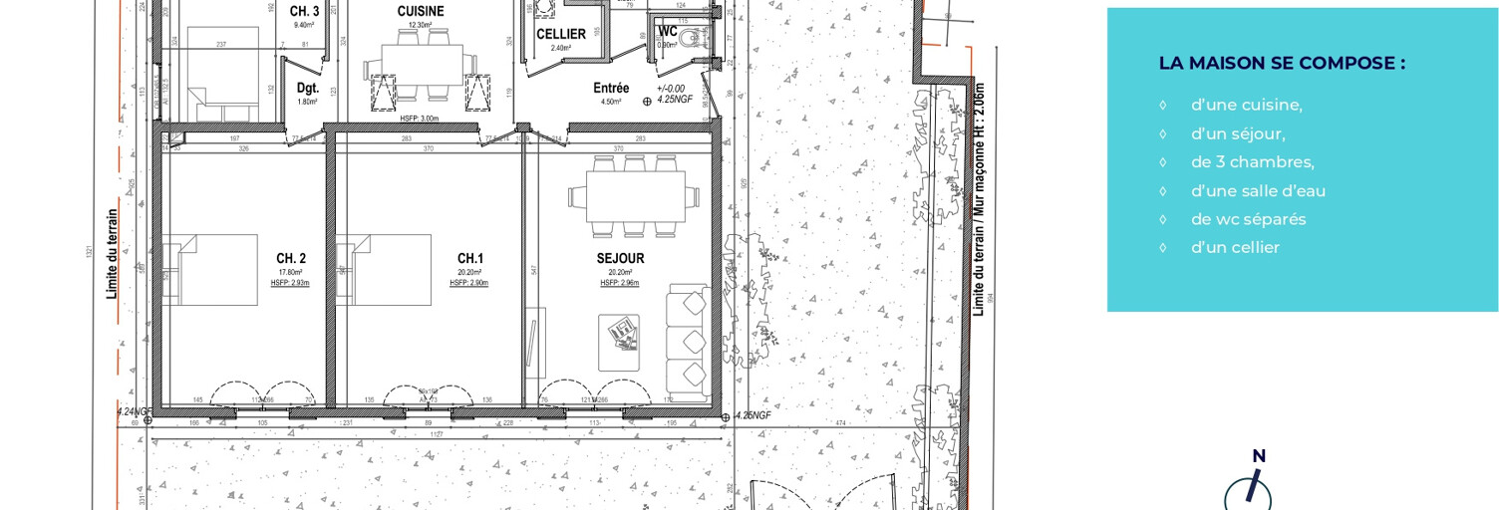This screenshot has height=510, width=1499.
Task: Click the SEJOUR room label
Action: tap(620, 258)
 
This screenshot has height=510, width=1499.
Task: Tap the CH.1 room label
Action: tap(469, 258)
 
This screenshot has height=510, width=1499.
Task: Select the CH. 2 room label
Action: tap(291, 258)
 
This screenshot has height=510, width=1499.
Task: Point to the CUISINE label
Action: tap(421, 11)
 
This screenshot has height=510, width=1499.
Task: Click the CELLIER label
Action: tap(561, 34)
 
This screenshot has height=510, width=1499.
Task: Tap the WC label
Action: tap(668, 31)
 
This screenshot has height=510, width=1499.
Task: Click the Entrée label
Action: tap(611, 88)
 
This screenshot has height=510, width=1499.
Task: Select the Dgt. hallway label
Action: tap(308, 88)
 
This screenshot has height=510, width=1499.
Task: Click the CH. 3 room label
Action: tap(304, 11)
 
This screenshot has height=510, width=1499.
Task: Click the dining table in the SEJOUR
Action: tap(635, 196)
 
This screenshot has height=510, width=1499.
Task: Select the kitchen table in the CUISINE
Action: tap(423, 64)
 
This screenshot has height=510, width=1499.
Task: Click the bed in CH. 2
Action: tap(214, 270)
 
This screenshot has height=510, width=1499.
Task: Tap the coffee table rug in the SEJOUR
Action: tap(619, 343)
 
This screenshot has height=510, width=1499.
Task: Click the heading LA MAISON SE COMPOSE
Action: tap(1282, 63)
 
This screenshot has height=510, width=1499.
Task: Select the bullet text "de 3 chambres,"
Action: tap(1252, 162)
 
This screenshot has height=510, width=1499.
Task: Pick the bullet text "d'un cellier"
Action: tap(1235, 247)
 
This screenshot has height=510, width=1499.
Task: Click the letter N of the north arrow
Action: tap(1259, 456)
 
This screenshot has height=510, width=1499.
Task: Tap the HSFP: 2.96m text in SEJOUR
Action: tap(619, 283)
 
